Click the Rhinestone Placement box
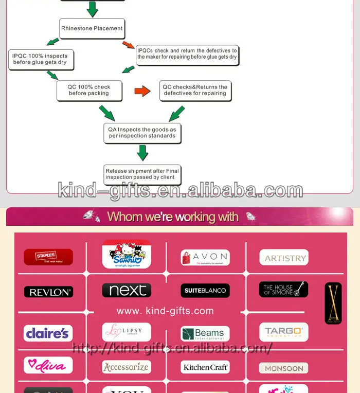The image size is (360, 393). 92,28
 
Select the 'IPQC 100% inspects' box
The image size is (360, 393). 40,59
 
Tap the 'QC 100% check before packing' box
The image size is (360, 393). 89,90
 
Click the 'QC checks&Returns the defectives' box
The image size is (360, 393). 195,90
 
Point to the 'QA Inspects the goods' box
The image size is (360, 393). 142,133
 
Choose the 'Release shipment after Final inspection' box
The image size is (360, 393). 142,174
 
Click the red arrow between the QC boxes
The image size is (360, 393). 142,91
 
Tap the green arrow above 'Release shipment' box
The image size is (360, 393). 142,153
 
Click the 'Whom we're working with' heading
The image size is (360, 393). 173,217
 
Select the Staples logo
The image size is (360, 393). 48,257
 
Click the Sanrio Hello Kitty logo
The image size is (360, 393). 127,254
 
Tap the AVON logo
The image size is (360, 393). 205,257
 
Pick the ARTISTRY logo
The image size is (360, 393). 283,258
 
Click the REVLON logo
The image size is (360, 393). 48,292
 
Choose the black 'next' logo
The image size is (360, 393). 127,290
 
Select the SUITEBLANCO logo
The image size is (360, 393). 205,291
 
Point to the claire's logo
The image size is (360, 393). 48,333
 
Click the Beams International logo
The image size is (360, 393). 205,334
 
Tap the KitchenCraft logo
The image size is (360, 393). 205,367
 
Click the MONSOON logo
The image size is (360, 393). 283,368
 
